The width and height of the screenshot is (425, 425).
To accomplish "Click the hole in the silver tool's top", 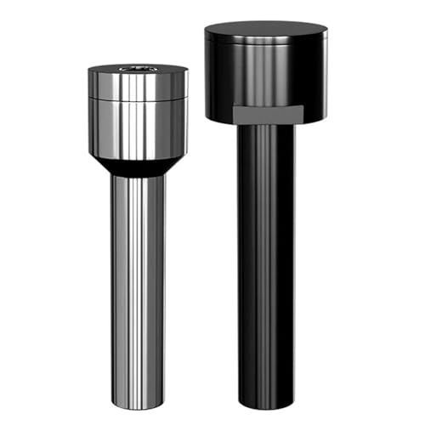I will tap(137, 68).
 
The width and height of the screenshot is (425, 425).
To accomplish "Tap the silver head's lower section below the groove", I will tap(137, 127).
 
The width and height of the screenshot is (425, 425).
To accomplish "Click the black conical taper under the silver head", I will tap(137, 165).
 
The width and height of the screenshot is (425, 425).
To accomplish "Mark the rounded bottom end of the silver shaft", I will tap(137, 405).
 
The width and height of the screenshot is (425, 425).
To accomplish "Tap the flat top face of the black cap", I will tap(265, 31).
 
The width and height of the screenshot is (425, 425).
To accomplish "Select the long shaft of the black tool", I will tap(266, 272).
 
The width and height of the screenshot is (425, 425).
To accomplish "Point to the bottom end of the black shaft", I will tap(266, 406).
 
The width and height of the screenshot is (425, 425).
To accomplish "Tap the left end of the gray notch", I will tap(233, 114).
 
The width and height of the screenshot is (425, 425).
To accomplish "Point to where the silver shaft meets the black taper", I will tap(137, 176).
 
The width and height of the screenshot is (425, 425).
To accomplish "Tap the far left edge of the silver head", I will tap(88, 110).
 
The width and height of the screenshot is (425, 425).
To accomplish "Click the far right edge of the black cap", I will tap(327, 72).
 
